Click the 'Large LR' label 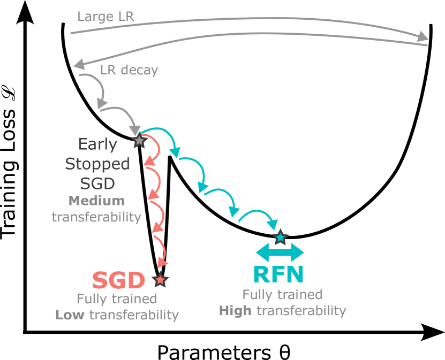click(x=105, y=17)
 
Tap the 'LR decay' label click(x=129, y=70)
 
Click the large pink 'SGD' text click(x=119, y=280)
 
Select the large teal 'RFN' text click(x=278, y=274)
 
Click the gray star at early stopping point click(x=139, y=141)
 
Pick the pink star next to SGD click(x=160, y=279)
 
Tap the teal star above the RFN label click(x=280, y=236)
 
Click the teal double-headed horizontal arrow click(x=280, y=252)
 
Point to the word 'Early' click(x=97, y=144)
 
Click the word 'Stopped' click(x=97, y=164)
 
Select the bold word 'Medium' click(x=97, y=201)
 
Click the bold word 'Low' click(x=70, y=315)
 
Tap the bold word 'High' click(x=235, y=310)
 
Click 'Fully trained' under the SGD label click(x=117, y=298)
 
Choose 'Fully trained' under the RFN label click(x=282, y=294)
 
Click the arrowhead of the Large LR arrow click(x=423, y=36)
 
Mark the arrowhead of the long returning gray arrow click(x=79, y=64)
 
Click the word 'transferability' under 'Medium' click(x=96, y=217)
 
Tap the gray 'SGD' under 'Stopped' click(x=97, y=183)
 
